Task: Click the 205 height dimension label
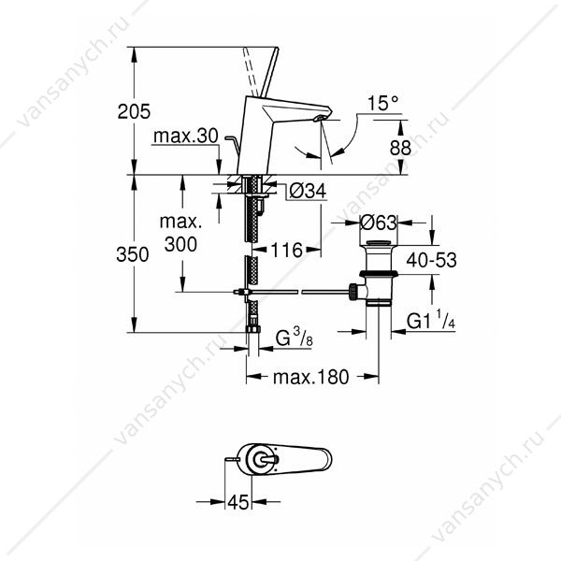(x=134, y=111)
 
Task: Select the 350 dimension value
(x=133, y=254)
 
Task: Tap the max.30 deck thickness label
(x=186, y=136)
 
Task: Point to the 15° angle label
(x=382, y=104)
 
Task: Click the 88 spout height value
(x=400, y=148)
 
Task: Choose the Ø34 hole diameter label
(x=308, y=191)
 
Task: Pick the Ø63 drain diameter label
(x=379, y=223)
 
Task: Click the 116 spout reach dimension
(x=287, y=250)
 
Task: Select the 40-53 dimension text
(x=431, y=260)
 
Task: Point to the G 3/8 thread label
(x=295, y=338)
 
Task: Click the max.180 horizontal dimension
(x=311, y=377)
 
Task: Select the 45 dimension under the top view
(x=237, y=502)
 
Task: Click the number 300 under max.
(x=180, y=244)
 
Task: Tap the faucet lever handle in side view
(x=269, y=72)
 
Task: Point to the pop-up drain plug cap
(x=378, y=243)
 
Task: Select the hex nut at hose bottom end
(x=253, y=329)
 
